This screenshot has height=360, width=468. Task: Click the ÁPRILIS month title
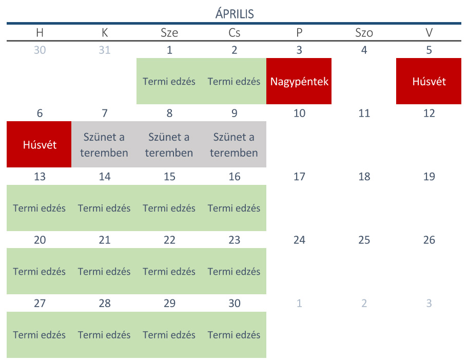coord(234,14)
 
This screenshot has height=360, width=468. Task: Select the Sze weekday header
coord(169,33)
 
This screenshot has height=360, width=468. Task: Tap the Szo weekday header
coord(364,33)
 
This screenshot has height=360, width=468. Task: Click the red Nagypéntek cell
coord(299,81)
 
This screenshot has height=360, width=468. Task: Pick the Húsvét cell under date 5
coord(429,81)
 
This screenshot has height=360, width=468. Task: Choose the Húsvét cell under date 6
coord(40,144)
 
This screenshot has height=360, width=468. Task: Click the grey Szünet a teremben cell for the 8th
coord(169,144)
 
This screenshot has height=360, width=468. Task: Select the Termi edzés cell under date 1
coord(169,81)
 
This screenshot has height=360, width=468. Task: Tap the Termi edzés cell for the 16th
coord(234,208)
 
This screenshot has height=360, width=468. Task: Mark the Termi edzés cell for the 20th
coord(40,271)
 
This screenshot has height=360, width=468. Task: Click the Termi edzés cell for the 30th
coord(234,335)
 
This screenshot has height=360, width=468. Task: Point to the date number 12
coord(429,113)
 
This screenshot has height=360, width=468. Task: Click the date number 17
coord(299,177)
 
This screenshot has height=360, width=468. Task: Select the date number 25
coord(364,240)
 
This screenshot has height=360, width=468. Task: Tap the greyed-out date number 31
coord(104,50)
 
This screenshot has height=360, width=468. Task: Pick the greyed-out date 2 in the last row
coord(364,304)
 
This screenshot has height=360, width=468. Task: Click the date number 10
coord(299,113)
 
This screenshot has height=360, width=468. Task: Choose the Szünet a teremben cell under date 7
coord(104,144)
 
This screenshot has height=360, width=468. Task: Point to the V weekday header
coord(429,33)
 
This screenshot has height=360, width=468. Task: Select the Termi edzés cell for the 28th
coord(104,335)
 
